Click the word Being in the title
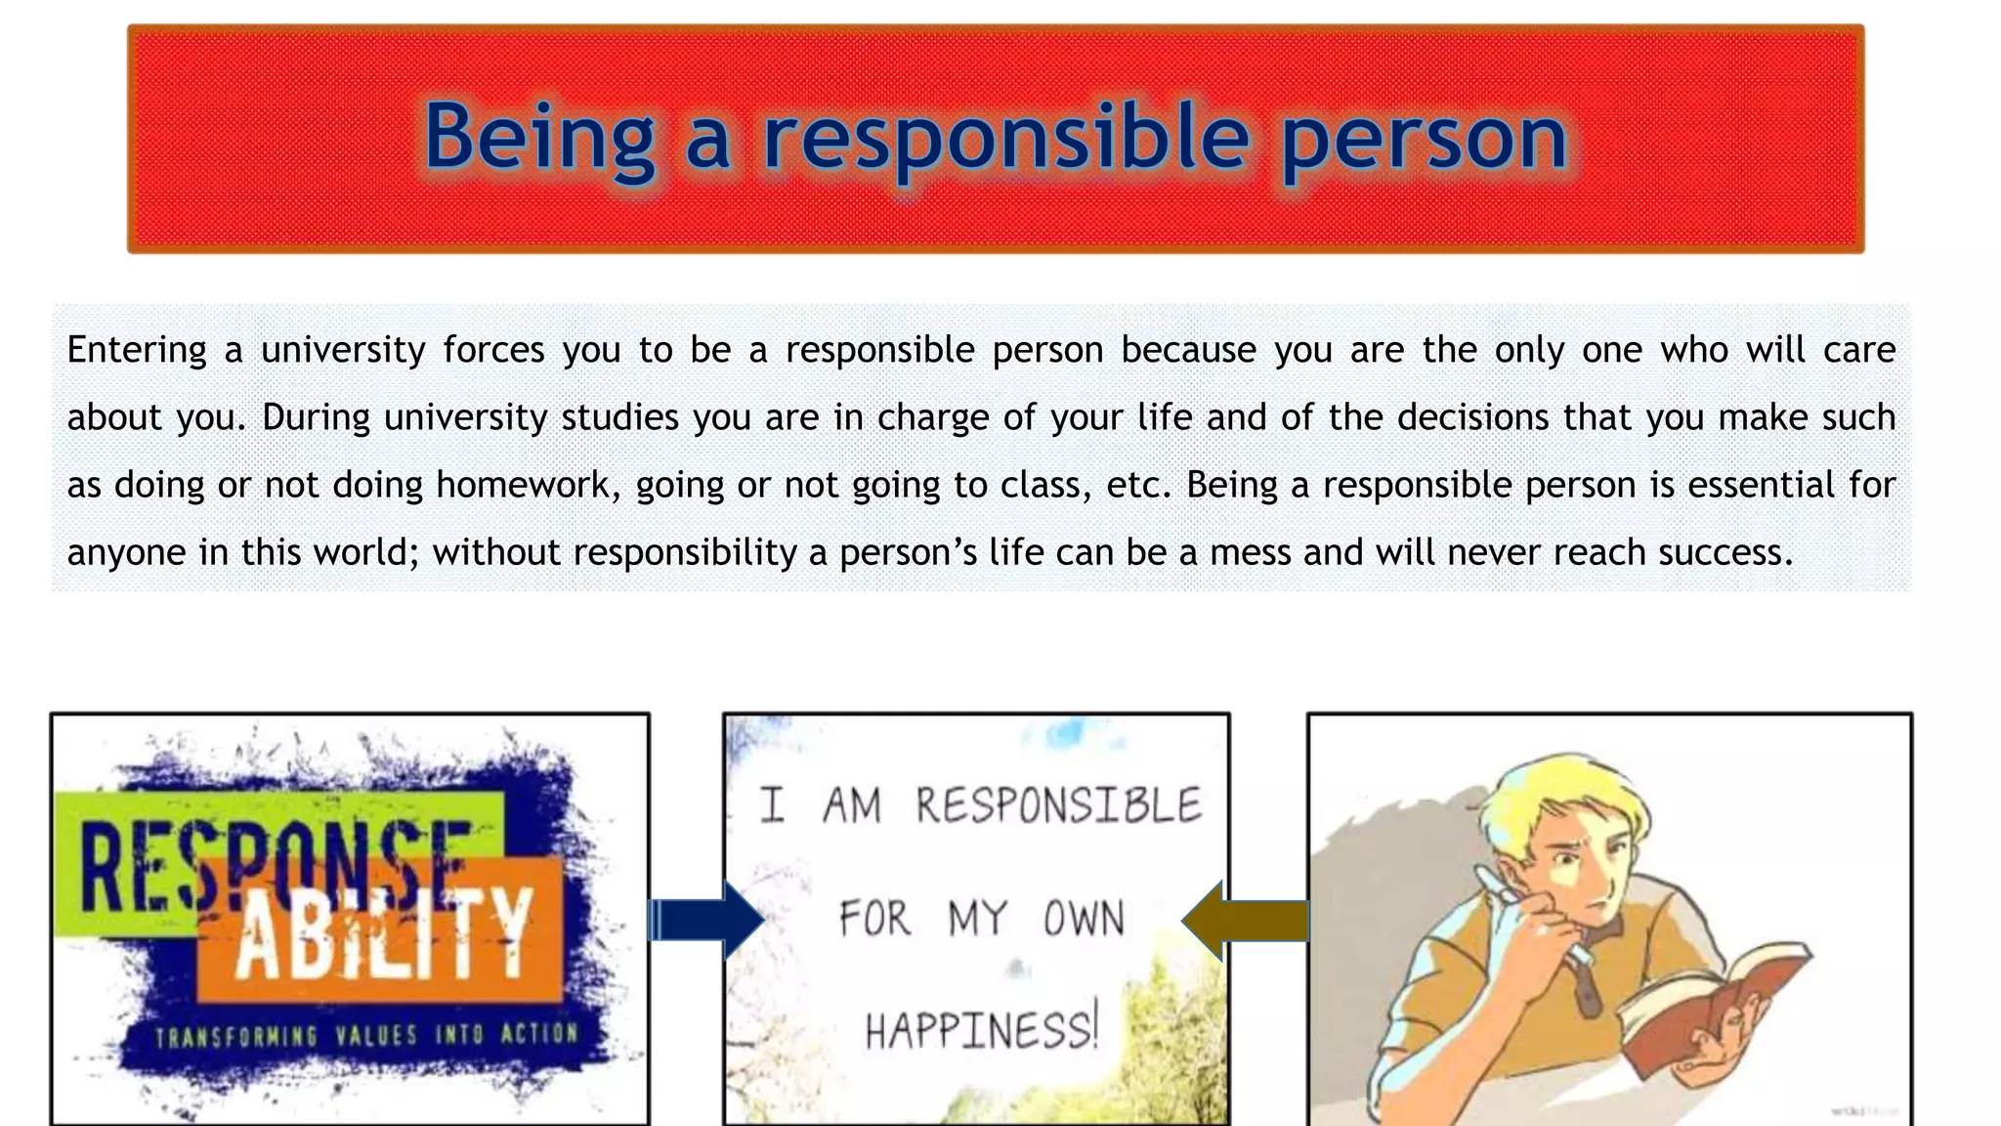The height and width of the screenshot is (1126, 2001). (x=538, y=139)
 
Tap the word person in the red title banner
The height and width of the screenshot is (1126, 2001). (x=1425, y=139)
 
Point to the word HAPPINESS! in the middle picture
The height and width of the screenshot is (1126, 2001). (x=982, y=1030)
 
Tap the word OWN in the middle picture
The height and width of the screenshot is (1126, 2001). (x=1085, y=919)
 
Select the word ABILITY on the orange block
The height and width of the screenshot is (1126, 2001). (x=384, y=935)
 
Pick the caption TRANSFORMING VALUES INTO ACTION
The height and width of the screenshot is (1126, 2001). (x=366, y=1035)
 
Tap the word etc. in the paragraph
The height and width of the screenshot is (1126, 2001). (x=1138, y=485)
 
